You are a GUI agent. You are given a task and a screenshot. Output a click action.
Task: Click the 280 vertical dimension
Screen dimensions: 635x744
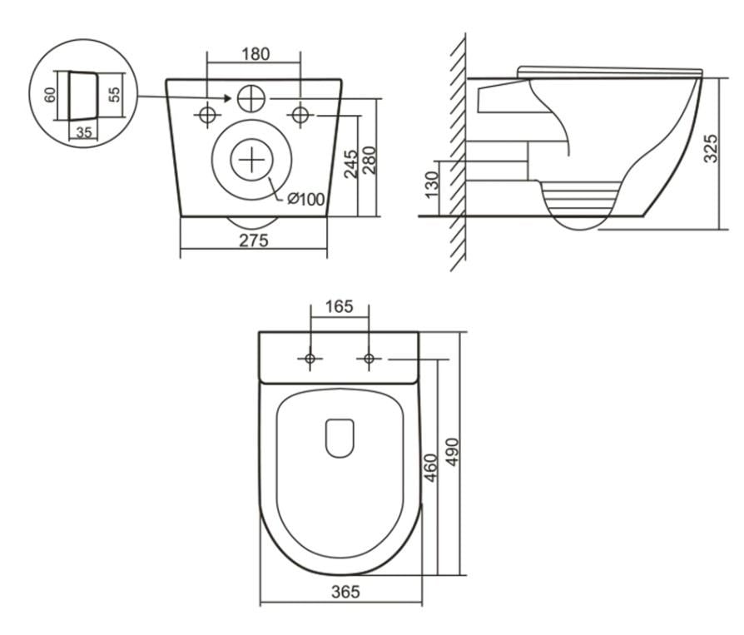point(370,161)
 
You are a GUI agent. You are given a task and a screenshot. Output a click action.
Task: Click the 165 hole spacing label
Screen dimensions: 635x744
point(339,307)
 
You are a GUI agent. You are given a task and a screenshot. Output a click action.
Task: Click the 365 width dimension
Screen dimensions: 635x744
point(340,593)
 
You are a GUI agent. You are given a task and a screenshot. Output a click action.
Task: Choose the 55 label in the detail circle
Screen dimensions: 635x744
point(115,92)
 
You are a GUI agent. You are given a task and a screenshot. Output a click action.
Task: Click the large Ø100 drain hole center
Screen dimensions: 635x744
point(252,158)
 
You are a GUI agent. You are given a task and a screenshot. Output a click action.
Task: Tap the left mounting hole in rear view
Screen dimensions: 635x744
point(207,114)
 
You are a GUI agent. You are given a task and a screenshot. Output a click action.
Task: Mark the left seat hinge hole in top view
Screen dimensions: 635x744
point(310,359)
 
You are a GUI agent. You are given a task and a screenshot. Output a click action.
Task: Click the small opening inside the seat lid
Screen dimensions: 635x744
point(340,437)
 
